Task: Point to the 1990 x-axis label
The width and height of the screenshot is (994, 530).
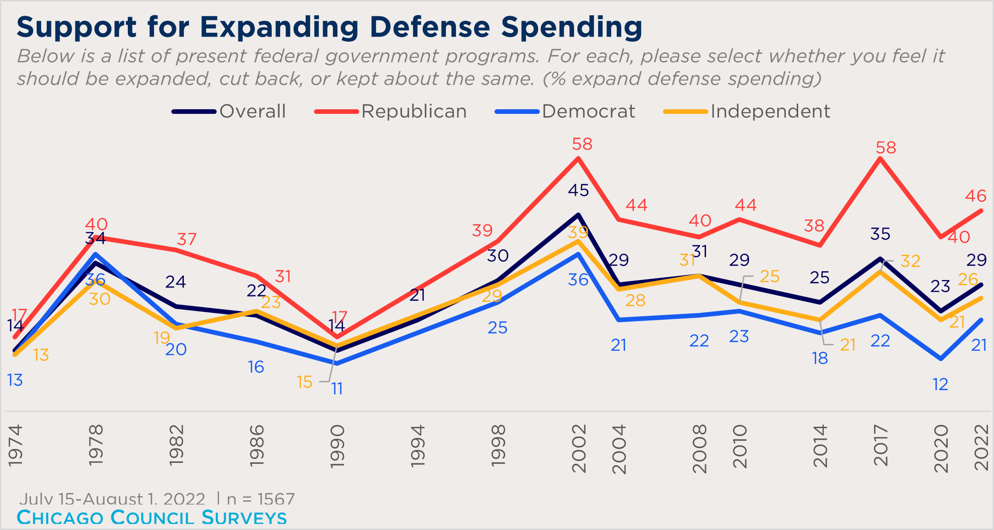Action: pos(338,447)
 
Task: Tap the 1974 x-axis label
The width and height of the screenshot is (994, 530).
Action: pos(15,445)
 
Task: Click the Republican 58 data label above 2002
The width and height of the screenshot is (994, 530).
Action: pos(582,144)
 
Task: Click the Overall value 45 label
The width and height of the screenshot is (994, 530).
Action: pos(578,190)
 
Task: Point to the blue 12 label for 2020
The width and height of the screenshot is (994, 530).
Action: pos(940,385)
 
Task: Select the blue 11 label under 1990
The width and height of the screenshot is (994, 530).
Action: pos(337,389)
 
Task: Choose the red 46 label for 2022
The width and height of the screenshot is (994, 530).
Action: pos(975,196)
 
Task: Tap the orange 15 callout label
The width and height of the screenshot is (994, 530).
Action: pos(305,382)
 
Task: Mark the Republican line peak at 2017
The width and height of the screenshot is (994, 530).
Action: pos(880,159)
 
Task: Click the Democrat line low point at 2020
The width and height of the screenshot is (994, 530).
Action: pos(940,359)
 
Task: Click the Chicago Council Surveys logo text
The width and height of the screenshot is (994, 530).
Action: pos(152,518)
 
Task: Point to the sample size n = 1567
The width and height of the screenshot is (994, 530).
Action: pos(261,499)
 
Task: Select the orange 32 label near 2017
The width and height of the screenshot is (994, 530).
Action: pos(910,262)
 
